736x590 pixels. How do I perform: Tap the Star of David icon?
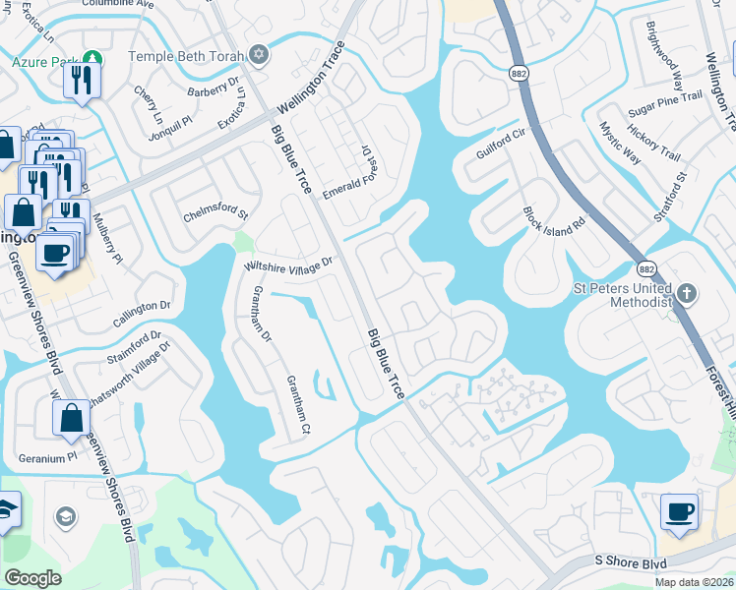(259, 54)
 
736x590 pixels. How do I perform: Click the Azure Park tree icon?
(92, 61)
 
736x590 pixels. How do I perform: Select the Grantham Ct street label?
(298, 404)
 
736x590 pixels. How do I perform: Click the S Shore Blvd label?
(631, 562)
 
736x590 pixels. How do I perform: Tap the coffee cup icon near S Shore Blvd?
(679, 512)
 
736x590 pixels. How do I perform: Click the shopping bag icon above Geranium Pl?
(72, 419)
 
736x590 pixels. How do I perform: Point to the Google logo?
(32, 578)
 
